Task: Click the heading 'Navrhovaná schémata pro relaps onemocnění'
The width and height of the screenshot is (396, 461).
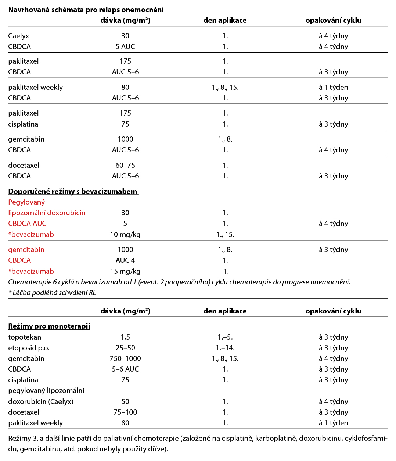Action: click(86, 10)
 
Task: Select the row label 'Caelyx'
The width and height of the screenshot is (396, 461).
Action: click(19, 36)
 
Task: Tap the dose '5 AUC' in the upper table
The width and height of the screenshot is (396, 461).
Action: click(125, 46)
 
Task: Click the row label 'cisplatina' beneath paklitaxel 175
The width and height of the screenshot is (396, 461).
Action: click(23, 124)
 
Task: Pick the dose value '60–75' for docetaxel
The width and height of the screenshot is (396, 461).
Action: click(125, 165)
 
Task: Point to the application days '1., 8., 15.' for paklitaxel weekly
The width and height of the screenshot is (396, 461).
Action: click(225, 87)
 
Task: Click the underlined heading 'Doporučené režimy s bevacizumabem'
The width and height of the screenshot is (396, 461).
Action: click(73, 191)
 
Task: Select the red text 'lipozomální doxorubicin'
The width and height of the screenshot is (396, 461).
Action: click(47, 213)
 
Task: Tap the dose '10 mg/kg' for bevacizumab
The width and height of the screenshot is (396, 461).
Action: click(125, 234)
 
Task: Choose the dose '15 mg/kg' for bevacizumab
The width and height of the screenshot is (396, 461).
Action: click(125, 271)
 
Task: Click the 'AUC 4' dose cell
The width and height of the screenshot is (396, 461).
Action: click(125, 260)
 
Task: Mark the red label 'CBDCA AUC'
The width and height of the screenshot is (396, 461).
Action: click(27, 223)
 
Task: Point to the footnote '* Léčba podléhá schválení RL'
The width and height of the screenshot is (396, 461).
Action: click(52, 293)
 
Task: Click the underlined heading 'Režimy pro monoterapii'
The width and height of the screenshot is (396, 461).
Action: click(49, 326)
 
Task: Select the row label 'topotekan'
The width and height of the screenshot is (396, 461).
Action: click(25, 337)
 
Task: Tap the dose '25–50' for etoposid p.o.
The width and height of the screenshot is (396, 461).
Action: click(125, 348)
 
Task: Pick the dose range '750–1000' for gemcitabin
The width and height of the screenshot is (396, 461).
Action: click(125, 358)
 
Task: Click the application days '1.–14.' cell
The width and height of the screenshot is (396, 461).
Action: click(225, 348)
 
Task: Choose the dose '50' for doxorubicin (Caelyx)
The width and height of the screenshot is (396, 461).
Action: click(125, 401)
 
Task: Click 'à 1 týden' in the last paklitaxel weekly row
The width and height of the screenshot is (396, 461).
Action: click(333, 423)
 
